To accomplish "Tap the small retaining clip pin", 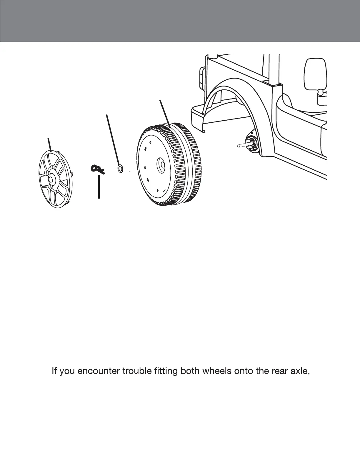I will [96, 168].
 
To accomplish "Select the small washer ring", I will [120, 169].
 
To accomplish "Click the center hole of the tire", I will [161, 163].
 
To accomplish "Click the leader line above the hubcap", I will [50, 144].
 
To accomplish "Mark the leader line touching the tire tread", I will [165, 113].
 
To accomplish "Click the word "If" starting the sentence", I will [54, 371].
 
